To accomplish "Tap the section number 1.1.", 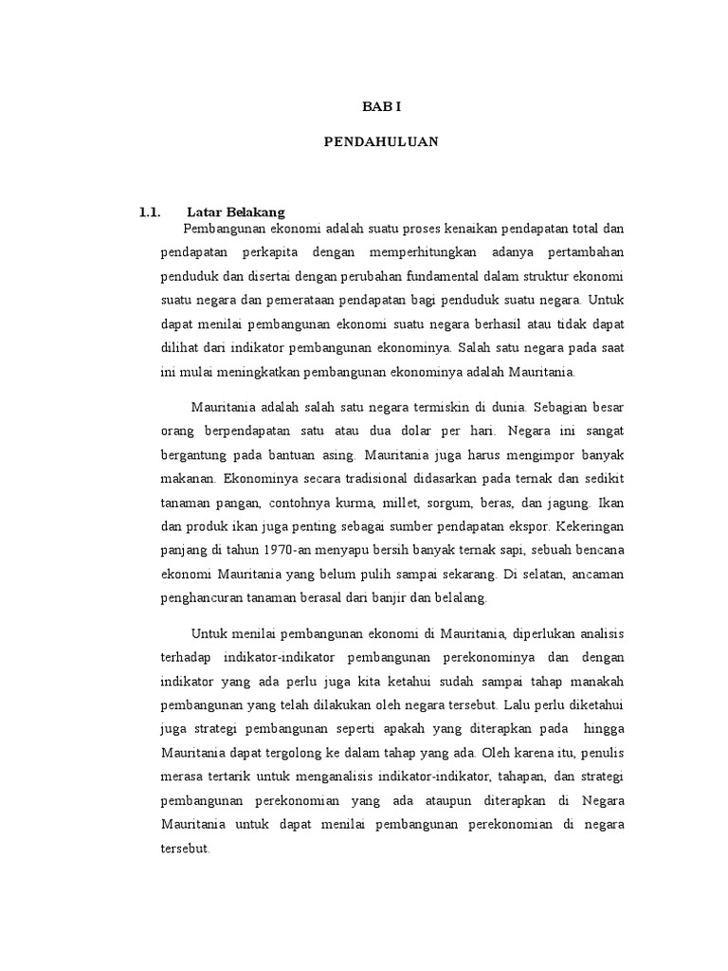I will click(x=152, y=211).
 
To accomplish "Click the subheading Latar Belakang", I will click(x=236, y=211).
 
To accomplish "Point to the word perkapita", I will click(x=274, y=253).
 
